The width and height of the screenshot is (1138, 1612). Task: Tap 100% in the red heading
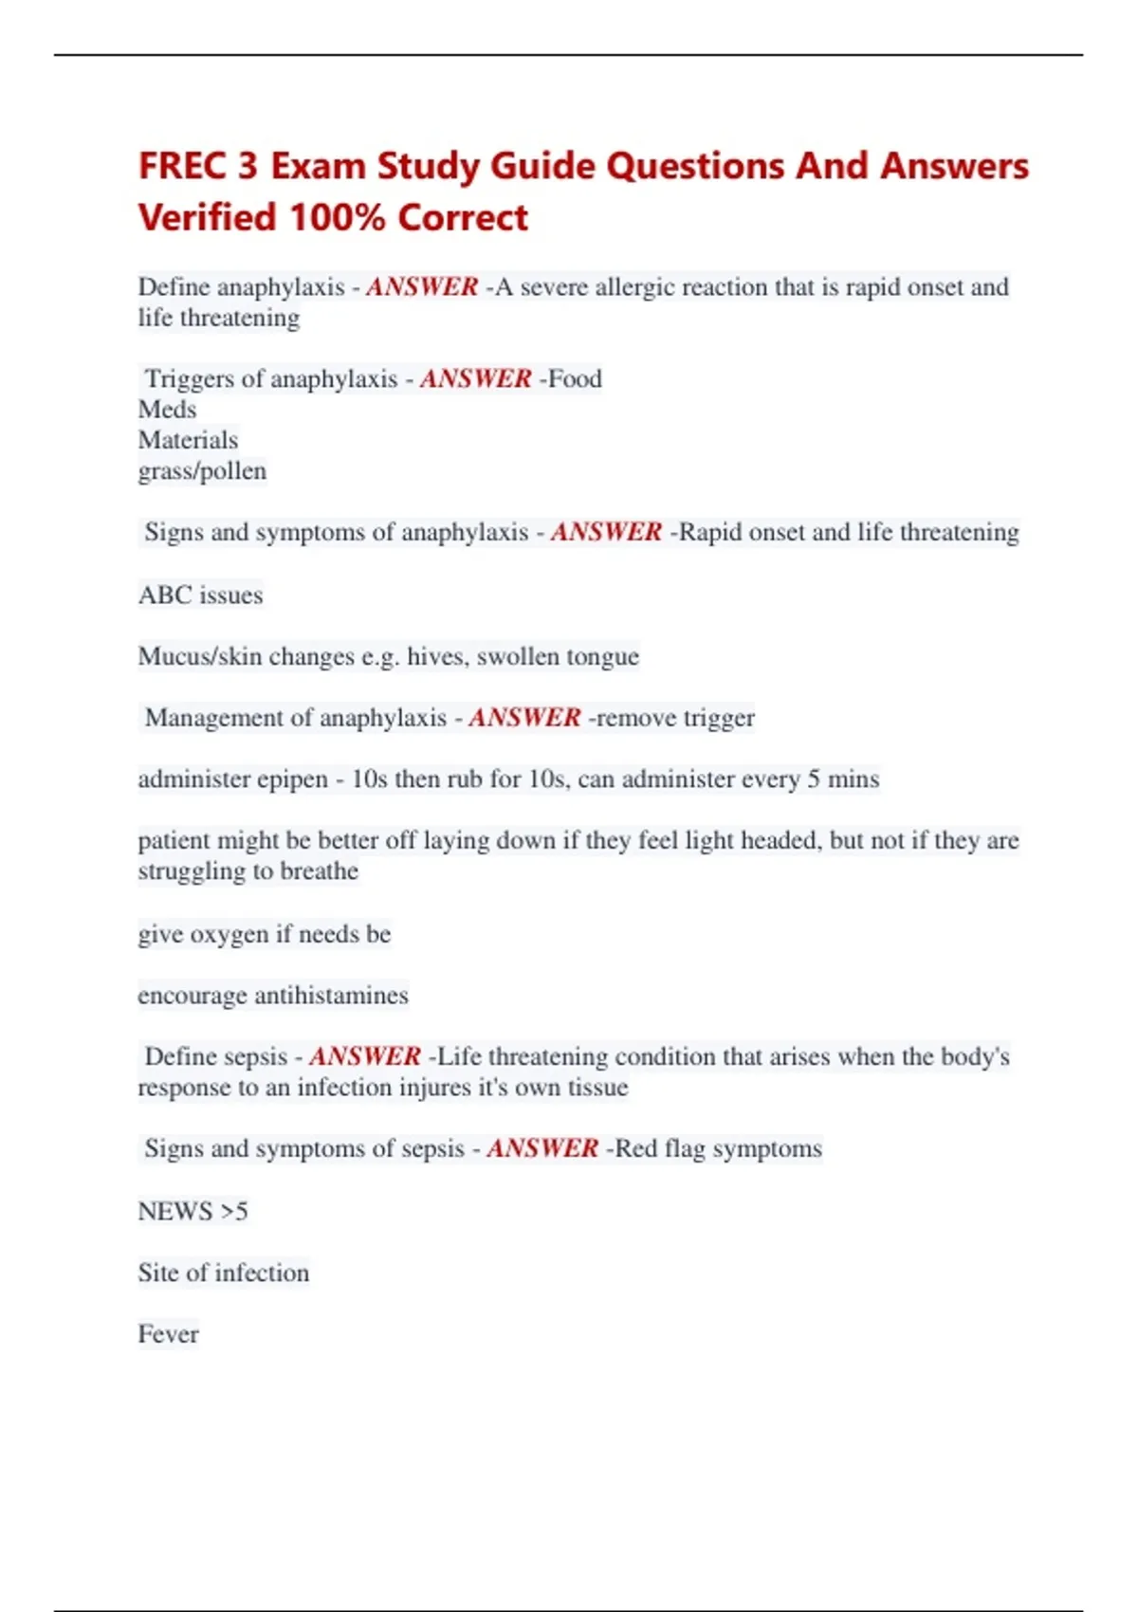[x=337, y=218]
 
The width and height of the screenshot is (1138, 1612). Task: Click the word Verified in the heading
[x=208, y=218]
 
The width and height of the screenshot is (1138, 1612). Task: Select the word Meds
[x=167, y=410]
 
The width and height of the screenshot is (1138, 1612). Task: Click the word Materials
[x=188, y=440]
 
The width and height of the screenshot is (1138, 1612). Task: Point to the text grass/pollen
[x=202, y=471]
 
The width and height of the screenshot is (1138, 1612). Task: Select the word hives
[x=437, y=656]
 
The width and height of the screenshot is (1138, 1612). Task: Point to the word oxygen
[x=229, y=935]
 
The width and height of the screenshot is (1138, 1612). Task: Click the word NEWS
[x=174, y=1212]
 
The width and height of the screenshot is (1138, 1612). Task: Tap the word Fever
[x=168, y=1334]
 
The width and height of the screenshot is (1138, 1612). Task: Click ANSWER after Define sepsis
[x=364, y=1056]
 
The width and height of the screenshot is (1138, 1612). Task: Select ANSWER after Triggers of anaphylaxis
[x=475, y=379]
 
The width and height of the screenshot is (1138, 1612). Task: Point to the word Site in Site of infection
[x=157, y=1273]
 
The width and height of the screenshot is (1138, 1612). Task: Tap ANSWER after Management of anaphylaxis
[x=524, y=718]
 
